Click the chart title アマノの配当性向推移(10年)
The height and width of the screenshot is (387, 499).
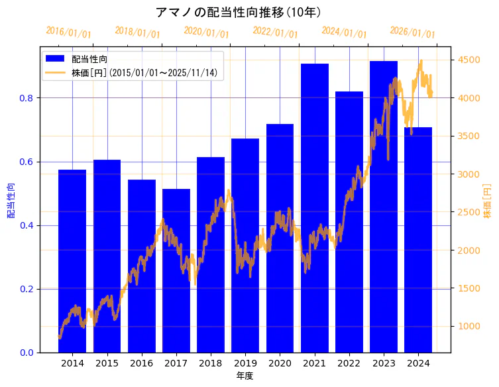point(239,12)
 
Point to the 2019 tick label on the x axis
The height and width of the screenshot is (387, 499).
point(245,363)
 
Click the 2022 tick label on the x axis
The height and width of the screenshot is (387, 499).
point(349,363)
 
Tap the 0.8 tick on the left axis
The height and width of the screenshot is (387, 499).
point(26,98)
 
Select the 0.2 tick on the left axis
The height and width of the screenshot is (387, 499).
point(26,289)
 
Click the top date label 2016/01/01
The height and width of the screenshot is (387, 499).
point(69,32)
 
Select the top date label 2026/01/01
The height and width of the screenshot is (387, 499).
point(413,32)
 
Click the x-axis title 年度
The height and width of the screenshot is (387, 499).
point(245,376)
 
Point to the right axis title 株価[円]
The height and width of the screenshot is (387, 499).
point(488,201)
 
